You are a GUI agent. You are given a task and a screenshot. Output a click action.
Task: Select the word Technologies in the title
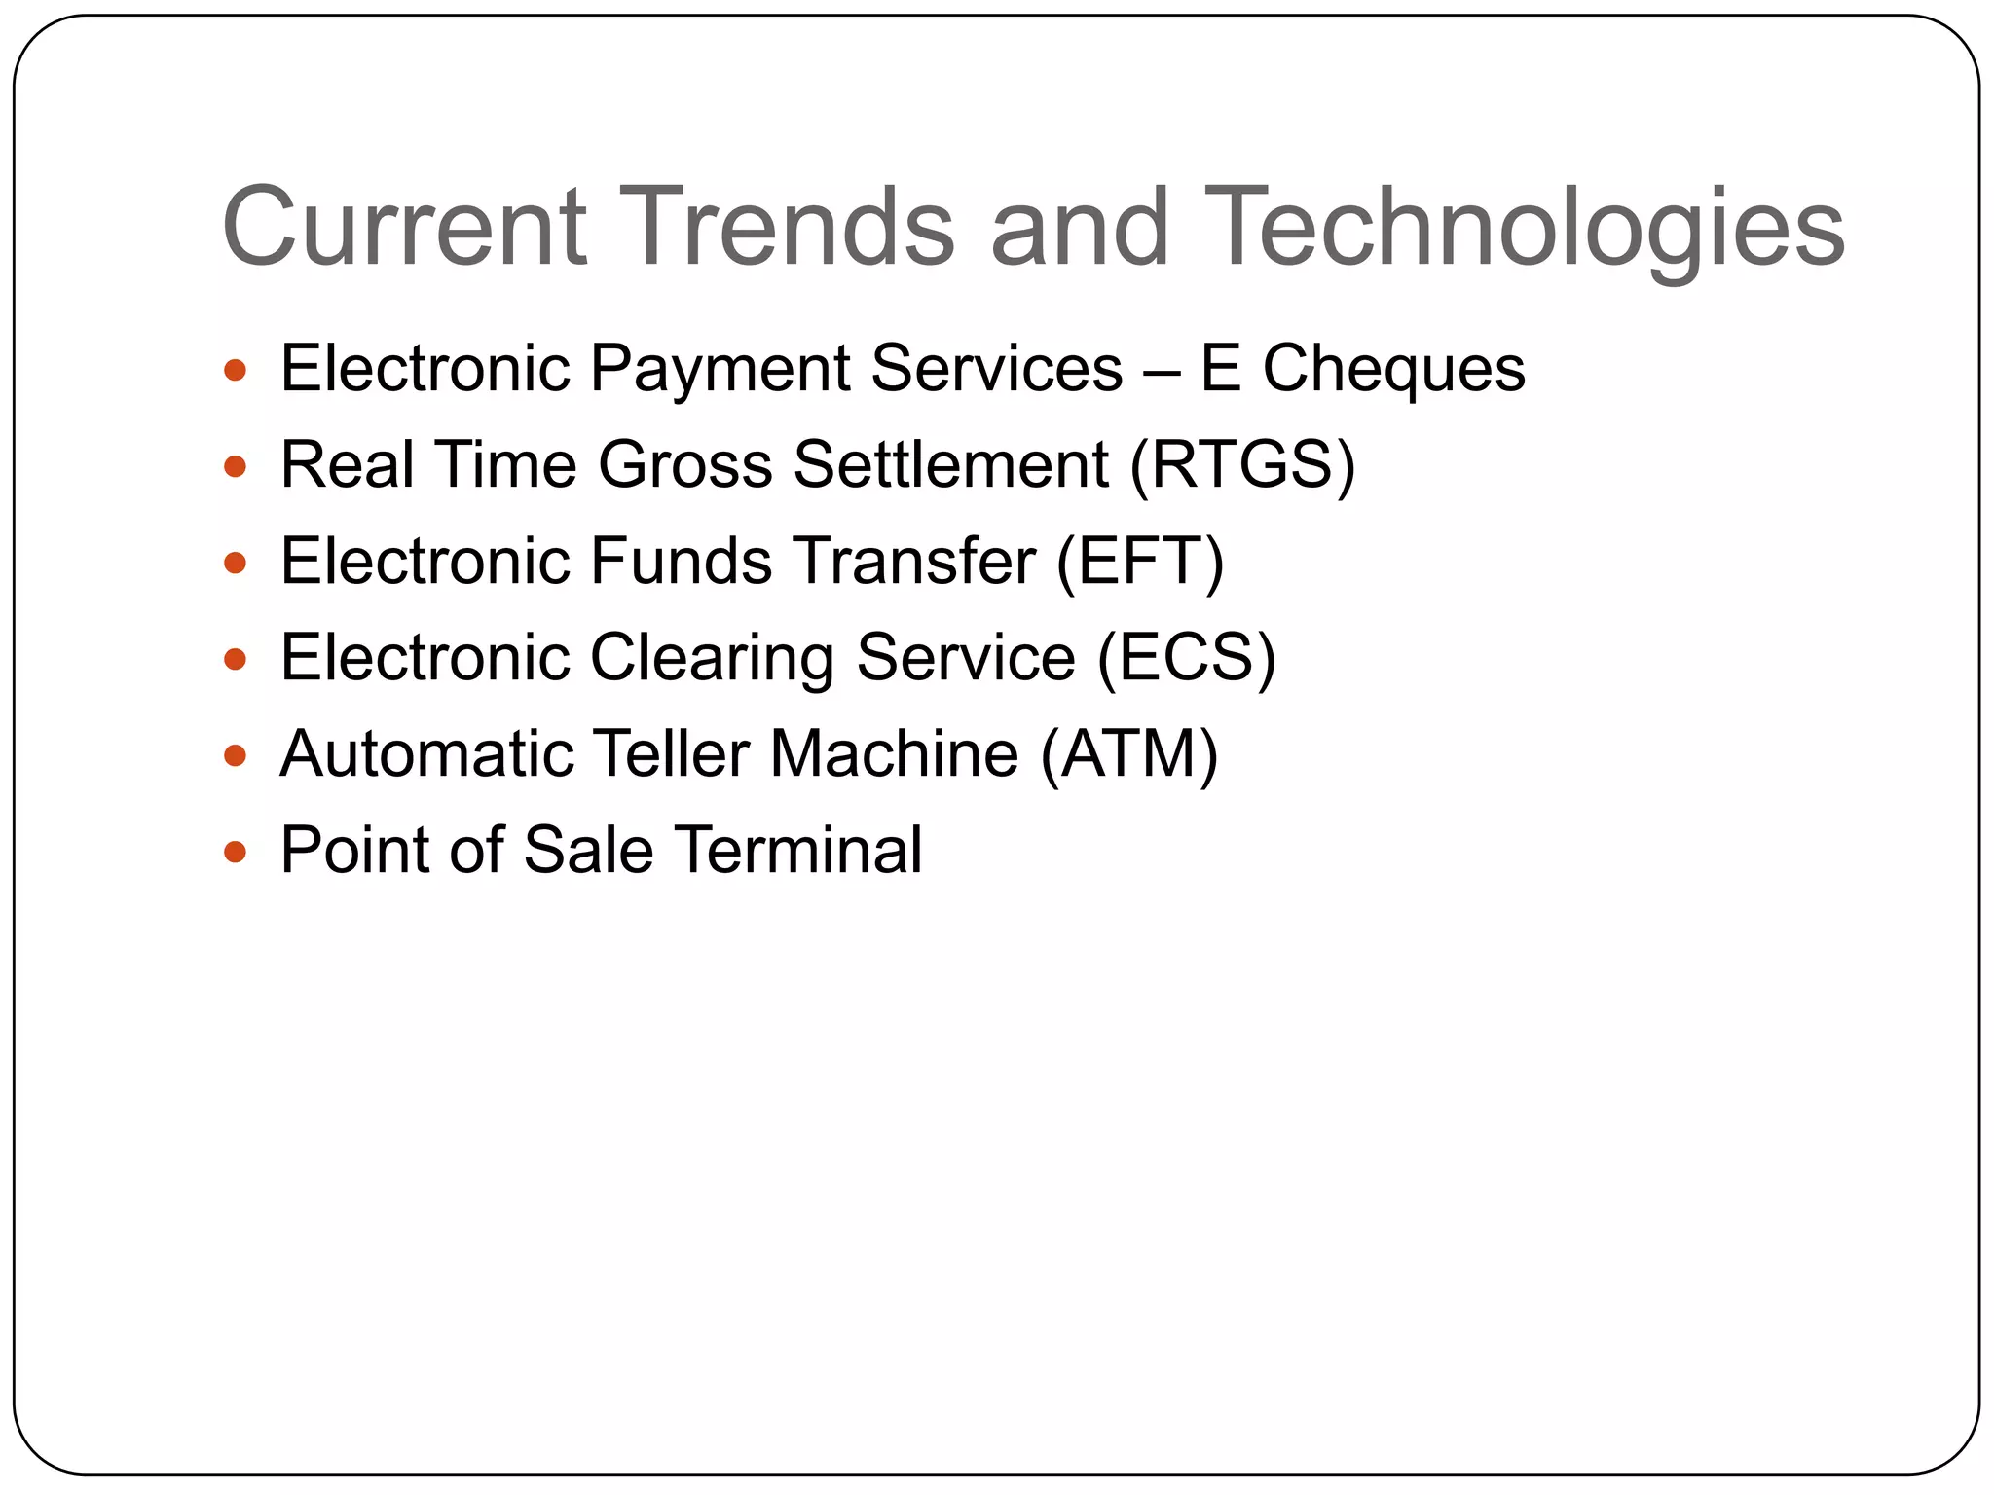(x=1523, y=229)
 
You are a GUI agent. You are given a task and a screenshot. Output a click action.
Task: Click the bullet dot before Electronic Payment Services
(x=235, y=371)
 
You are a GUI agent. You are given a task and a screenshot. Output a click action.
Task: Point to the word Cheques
(x=1393, y=370)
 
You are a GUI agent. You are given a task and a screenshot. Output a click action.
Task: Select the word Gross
(x=684, y=464)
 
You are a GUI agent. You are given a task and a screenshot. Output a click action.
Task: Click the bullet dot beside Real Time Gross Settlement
(x=235, y=467)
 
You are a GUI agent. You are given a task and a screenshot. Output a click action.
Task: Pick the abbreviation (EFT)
(x=1139, y=562)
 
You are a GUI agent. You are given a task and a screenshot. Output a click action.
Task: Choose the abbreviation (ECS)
(x=1185, y=658)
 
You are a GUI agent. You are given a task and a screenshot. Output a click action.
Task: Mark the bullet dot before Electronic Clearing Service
(x=235, y=660)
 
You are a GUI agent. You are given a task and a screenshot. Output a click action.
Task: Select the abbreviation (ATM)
(x=1128, y=754)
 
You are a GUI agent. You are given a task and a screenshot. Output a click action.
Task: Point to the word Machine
(x=894, y=754)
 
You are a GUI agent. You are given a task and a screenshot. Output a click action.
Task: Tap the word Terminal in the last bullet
(x=797, y=851)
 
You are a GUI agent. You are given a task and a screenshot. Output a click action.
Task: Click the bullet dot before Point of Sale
(x=235, y=853)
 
